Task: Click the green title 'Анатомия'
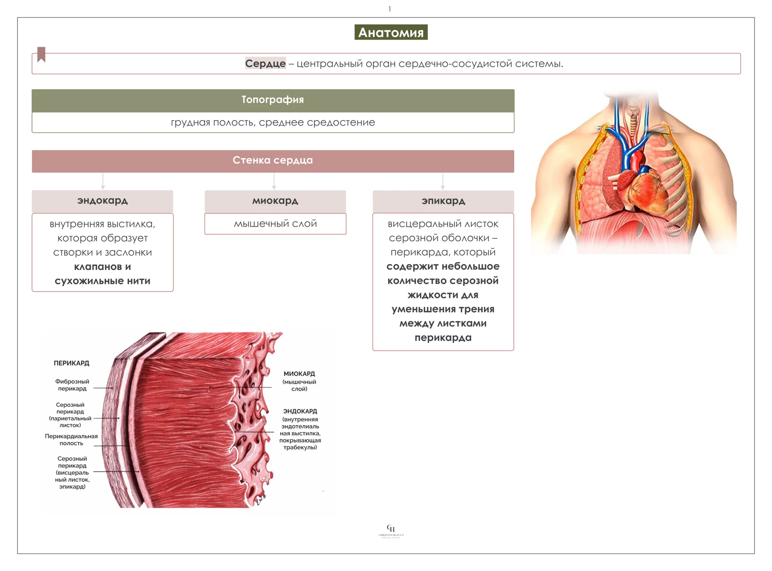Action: (391, 32)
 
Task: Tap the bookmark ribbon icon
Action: (41, 55)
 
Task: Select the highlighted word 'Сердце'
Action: (265, 63)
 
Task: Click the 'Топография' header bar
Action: (273, 100)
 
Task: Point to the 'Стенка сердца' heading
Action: (273, 161)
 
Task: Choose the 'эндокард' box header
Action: (102, 201)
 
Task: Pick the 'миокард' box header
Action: (275, 201)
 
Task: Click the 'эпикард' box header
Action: (443, 201)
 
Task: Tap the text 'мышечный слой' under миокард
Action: (276, 223)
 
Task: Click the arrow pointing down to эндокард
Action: (103, 181)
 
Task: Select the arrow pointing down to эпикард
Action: (443, 181)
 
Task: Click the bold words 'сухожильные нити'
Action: (102, 280)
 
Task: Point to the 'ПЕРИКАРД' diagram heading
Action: (71, 363)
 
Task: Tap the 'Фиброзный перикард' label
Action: (72, 385)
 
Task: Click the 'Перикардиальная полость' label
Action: (71, 439)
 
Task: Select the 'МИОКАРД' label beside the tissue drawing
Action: (299, 374)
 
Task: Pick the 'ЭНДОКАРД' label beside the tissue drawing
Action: (300, 411)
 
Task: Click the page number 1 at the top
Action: (389, 9)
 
